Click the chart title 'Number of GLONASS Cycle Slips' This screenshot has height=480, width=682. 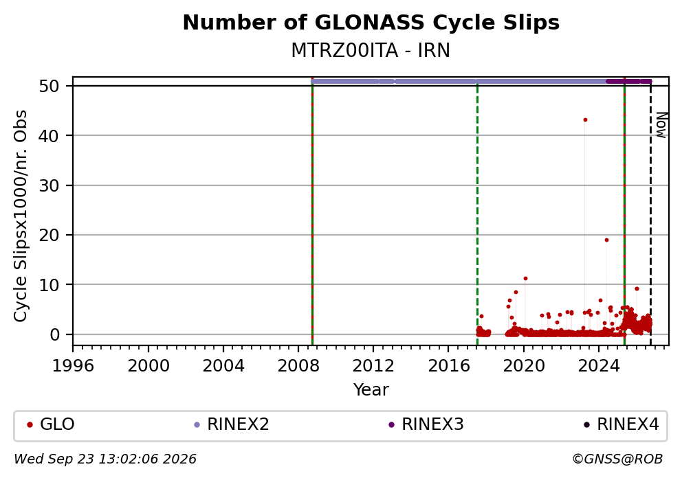click(371, 23)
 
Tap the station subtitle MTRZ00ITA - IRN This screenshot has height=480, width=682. click(371, 51)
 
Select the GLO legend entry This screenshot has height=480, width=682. click(51, 424)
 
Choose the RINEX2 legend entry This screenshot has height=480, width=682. click(232, 424)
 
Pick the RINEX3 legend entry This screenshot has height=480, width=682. click(426, 424)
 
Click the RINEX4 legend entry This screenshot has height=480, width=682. click(621, 424)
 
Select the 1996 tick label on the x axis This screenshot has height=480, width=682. click(73, 366)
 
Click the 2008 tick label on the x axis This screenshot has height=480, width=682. click(298, 366)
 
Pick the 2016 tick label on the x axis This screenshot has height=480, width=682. click(449, 366)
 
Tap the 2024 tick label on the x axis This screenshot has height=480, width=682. click(599, 366)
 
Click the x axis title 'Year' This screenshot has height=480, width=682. click(371, 389)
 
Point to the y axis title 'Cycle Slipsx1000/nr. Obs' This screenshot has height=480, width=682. click(20, 216)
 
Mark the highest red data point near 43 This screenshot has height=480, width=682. click(585, 120)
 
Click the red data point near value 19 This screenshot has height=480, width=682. click(606, 240)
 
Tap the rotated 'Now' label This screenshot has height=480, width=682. click(661, 125)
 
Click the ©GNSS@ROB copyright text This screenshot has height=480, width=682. click(617, 459)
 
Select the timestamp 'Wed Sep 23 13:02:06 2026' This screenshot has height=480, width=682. click(104, 459)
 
